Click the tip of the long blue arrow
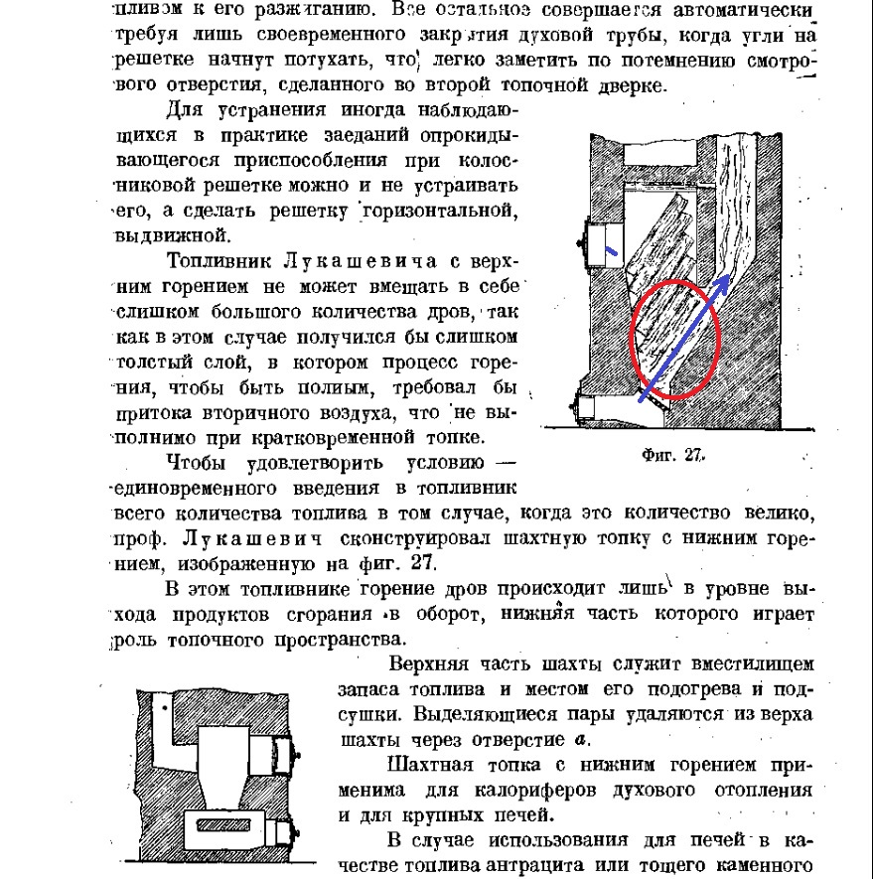click(x=729, y=278)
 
